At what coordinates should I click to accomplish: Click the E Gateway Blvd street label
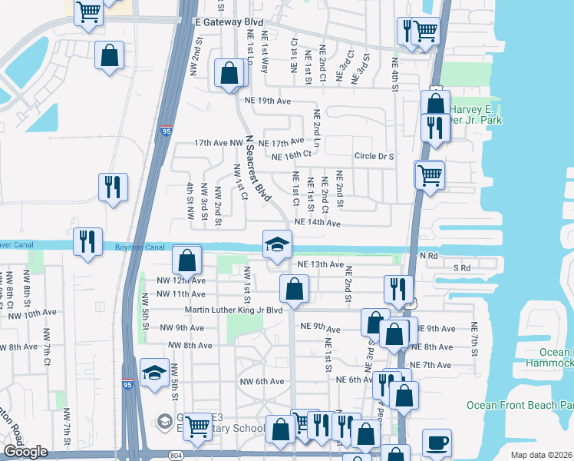click(x=224, y=24)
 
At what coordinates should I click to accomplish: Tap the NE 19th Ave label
click(x=268, y=101)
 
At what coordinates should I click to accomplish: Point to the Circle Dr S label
click(x=374, y=156)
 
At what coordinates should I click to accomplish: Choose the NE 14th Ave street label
click(x=317, y=223)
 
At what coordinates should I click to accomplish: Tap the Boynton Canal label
click(x=135, y=247)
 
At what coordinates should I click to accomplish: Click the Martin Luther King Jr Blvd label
click(x=234, y=310)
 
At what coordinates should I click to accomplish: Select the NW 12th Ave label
click(x=181, y=280)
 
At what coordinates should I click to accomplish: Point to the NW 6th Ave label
click(x=262, y=381)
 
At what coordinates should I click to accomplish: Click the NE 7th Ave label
click(x=430, y=364)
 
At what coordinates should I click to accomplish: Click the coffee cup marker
click(x=437, y=443)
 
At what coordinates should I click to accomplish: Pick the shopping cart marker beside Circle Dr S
click(x=429, y=174)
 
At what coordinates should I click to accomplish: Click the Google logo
click(x=25, y=452)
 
